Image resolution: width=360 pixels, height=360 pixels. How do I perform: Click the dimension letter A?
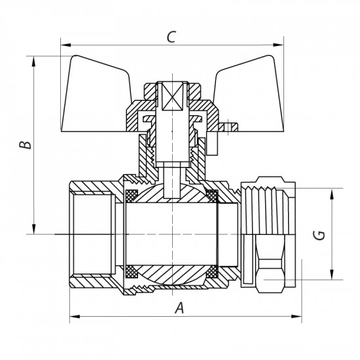tap(179, 308)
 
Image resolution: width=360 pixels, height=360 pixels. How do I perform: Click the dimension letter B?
tap(24, 145)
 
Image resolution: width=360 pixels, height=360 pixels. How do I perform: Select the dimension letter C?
tap(170, 37)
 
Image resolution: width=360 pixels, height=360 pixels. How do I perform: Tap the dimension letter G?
tap(319, 234)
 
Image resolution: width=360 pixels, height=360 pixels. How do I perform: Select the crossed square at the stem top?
tap(173, 98)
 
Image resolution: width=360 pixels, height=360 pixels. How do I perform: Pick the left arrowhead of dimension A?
tap(72, 317)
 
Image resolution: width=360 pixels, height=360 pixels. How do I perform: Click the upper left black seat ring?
tap(130, 194)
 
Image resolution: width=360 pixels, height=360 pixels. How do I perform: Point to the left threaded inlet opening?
tap(92, 234)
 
